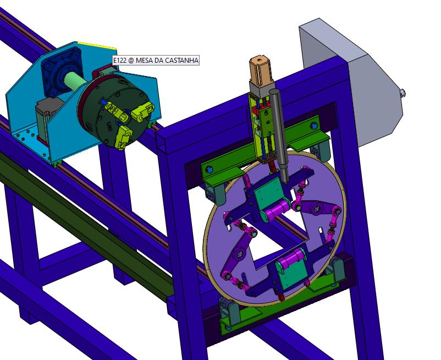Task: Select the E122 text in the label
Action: tap(120, 60)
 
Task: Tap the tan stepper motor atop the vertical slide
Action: tap(261, 70)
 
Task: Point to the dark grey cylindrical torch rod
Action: tap(279, 135)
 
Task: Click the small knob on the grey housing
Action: tap(403, 92)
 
